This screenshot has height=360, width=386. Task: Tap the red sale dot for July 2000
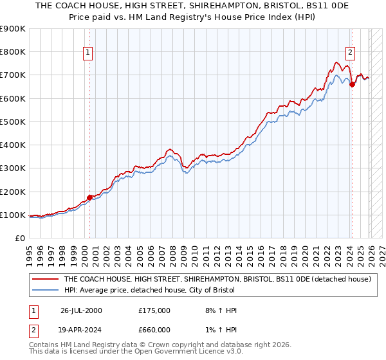tap(89, 197)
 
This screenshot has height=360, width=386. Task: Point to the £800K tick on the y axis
tap(14, 52)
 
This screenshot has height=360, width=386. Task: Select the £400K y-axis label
tap(14, 145)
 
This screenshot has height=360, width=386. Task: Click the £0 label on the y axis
tap(19, 239)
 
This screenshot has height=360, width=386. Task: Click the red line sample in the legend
tap(46, 280)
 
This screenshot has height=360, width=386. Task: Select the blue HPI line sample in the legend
tap(46, 291)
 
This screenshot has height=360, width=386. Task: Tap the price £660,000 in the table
tap(154, 330)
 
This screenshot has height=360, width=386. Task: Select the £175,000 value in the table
tap(154, 310)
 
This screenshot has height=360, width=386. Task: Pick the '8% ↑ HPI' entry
tap(220, 310)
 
